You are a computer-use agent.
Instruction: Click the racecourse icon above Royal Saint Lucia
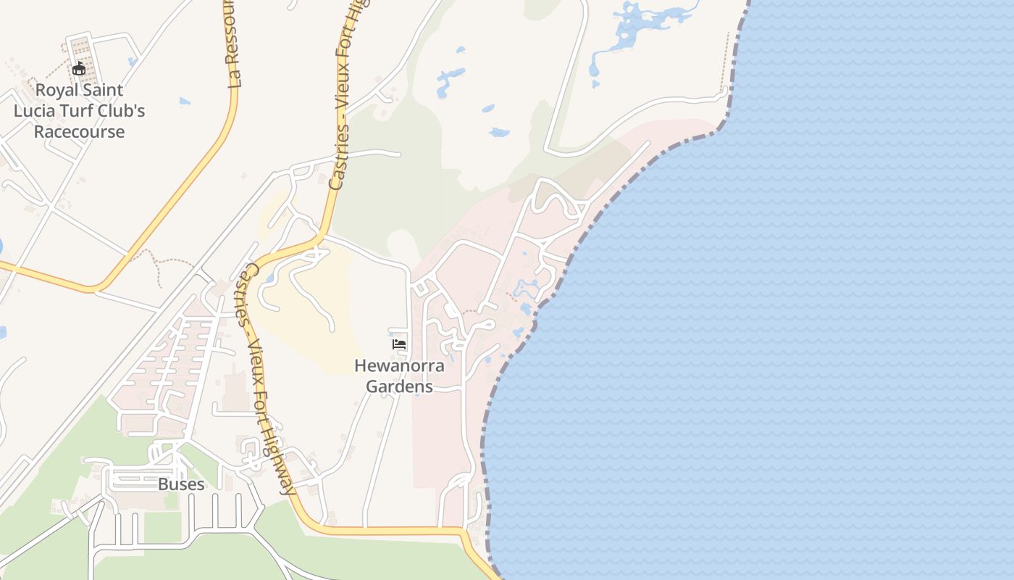80,69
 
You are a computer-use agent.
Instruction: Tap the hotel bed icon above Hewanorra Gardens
399,344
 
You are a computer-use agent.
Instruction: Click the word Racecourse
79,132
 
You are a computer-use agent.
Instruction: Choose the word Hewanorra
399,366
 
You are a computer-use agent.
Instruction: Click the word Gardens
399,386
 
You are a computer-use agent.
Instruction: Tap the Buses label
181,484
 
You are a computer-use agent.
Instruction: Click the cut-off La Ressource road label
230,43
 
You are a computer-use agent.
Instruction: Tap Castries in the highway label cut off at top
337,156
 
